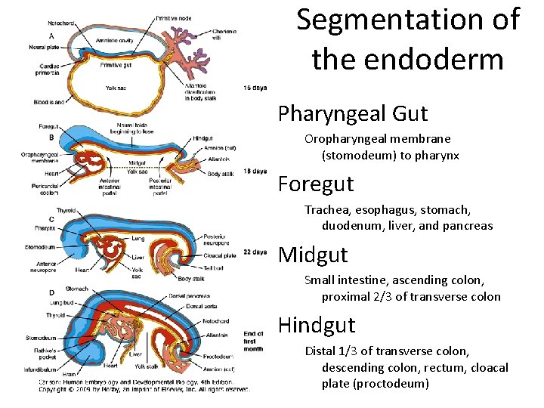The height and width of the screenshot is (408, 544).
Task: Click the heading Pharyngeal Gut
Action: click(353, 114)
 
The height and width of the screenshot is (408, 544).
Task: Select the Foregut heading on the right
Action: click(316, 184)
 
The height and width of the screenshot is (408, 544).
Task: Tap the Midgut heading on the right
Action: click(314, 255)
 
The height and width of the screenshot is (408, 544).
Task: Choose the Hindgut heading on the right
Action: click(317, 325)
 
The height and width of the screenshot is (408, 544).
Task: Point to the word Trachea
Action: click(328, 209)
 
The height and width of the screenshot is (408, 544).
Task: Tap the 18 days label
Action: click(255, 172)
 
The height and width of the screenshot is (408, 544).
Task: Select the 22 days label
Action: click(255, 252)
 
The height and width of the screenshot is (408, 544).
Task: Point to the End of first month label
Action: click(254, 341)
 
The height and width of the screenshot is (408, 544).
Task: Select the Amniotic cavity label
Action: click(114, 39)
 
